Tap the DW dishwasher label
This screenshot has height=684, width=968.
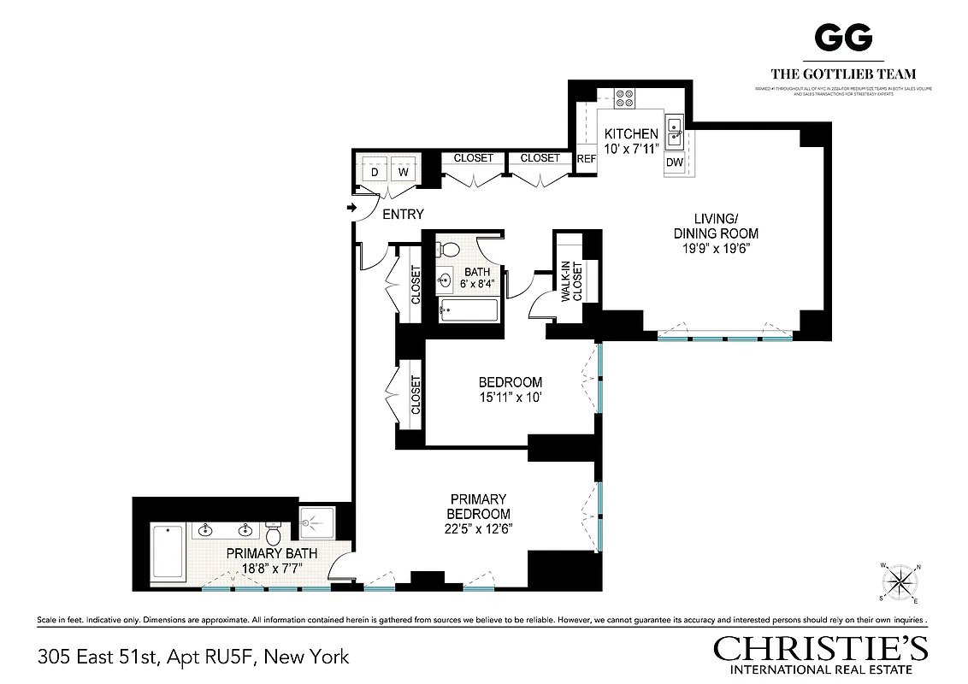click(674, 162)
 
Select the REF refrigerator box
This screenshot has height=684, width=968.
click(586, 159)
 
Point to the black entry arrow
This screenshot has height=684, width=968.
click(351, 208)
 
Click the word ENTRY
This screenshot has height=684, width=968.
click(403, 215)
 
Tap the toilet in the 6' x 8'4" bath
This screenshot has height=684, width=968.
click(448, 250)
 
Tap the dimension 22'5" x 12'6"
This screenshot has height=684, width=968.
click(479, 529)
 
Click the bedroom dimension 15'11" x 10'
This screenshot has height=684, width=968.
click(510, 398)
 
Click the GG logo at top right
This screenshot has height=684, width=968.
click(843, 38)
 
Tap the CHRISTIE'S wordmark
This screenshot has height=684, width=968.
click(820, 648)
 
